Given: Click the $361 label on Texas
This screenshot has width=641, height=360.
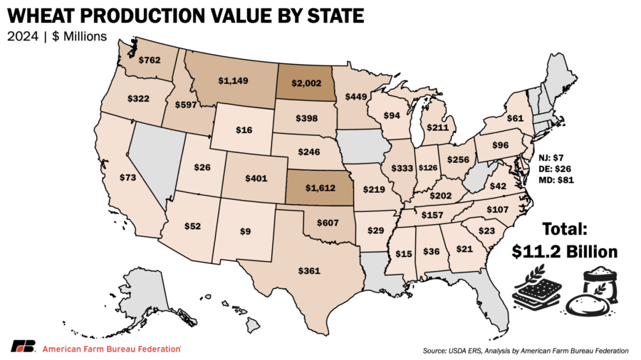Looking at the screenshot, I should (x=309, y=270).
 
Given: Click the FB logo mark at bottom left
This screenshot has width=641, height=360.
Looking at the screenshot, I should (x=24, y=346).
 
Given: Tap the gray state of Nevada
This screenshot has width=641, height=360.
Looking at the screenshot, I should (x=152, y=159).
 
